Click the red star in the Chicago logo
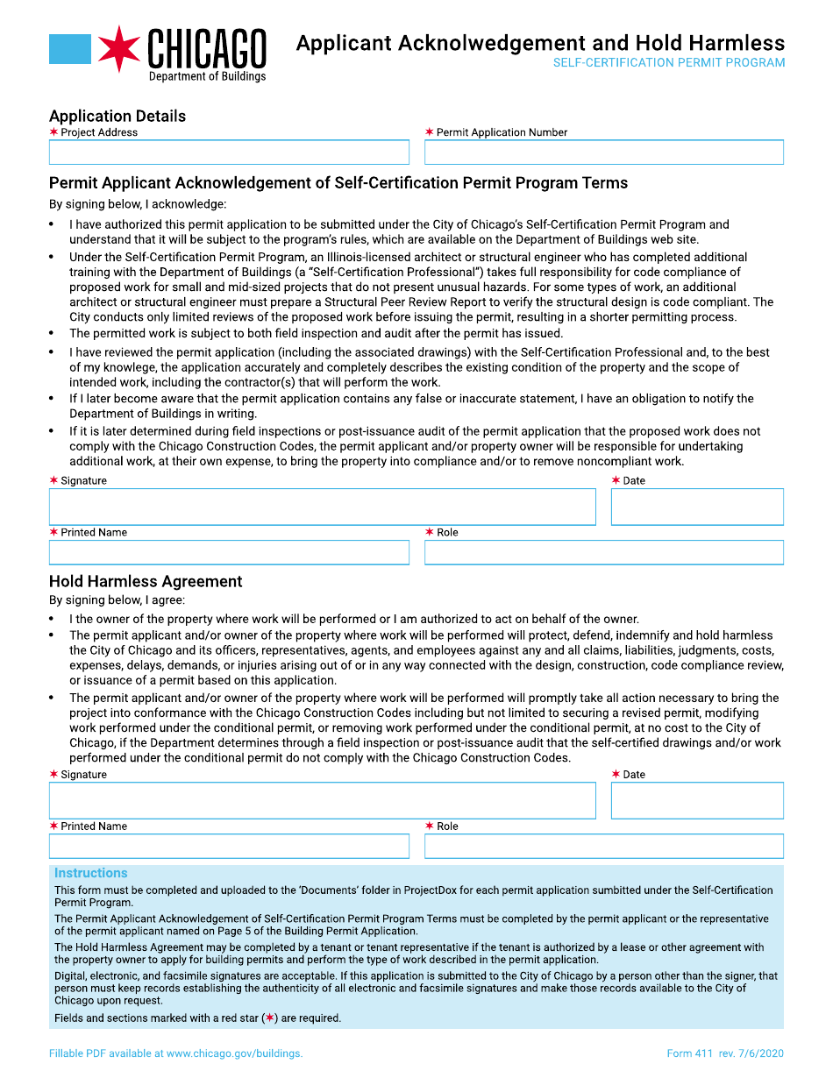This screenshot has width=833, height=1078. point(118,49)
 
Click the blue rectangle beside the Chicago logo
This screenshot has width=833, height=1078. point(70,49)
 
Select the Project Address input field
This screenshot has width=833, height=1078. point(229,152)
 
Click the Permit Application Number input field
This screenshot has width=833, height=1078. point(603,152)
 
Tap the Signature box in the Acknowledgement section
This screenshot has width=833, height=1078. point(322,507)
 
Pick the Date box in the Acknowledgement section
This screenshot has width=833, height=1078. point(696,507)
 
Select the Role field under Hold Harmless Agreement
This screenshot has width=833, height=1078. point(603,846)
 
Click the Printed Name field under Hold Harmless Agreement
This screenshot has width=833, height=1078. point(229,846)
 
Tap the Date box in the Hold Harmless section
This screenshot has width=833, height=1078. point(696,800)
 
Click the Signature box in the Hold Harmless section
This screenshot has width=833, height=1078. point(322,800)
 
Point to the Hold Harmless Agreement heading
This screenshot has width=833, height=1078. point(146,581)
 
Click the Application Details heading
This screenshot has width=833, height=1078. point(117,116)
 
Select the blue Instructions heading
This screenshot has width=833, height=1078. point(91,873)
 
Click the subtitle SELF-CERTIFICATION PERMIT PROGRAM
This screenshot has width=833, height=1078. point(669,63)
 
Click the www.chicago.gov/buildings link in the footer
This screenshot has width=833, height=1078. point(234,1053)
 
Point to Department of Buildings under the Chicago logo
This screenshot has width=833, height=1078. point(207,76)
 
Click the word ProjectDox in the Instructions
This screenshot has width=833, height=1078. point(432,890)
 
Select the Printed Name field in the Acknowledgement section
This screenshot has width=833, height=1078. point(229,552)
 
